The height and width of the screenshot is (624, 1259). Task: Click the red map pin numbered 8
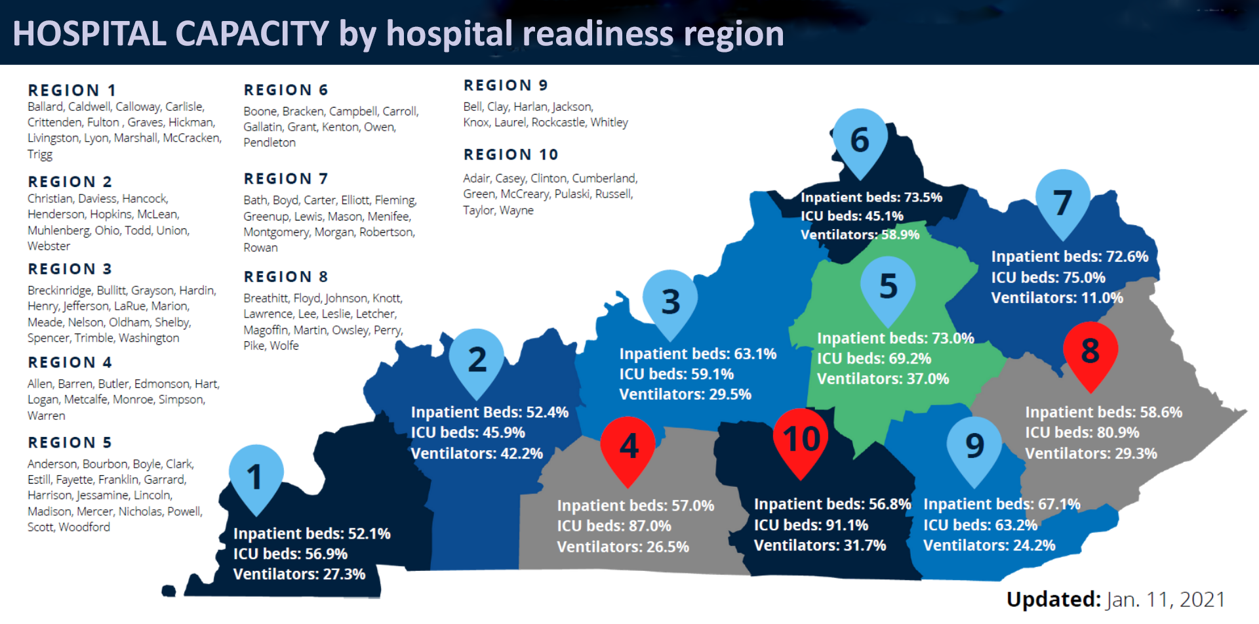pyautogui.click(x=1090, y=352)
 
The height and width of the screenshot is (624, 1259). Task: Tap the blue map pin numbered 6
pyautogui.click(x=860, y=139)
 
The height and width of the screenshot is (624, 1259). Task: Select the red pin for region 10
pyautogui.click(x=801, y=438)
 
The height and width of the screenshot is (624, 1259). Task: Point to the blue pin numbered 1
pyautogui.click(x=255, y=476)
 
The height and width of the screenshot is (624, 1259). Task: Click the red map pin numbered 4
pyautogui.click(x=628, y=446)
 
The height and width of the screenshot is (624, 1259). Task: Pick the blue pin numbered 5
pyautogui.click(x=888, y=286)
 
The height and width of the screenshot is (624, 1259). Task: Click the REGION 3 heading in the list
pyautogui.click(x=70, y=269)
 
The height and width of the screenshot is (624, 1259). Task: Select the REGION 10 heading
pyautogui.click(x=511, y=155)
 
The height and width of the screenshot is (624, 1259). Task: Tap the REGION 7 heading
pyautogui.click(x=286, y=178)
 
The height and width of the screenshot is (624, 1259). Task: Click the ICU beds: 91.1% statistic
pyautogui.click(x=811, y=525)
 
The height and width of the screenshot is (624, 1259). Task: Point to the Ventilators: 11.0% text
pyautogui.click(x=1057, y=298)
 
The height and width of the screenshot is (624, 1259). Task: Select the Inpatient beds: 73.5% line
pyautogui.click(x=871, y=197)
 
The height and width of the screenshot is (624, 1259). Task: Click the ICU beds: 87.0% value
pyautogui.click(x=614, y=526)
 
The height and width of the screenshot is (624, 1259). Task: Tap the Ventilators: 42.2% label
pyautogui.click(x=477, y=453)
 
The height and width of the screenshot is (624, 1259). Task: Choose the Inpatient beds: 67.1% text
pyautogui.click(x=1001, y=504)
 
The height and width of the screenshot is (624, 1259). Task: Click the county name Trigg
pyautogui.click(x=40, y=154)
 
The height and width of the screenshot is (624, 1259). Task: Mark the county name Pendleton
pyautogui.click(x=270, y=142)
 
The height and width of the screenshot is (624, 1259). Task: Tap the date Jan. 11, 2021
pyautogui.click(x=1165, y=599)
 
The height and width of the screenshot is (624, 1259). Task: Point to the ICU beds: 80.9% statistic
pyautogui.click(x=1082, y=432)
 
